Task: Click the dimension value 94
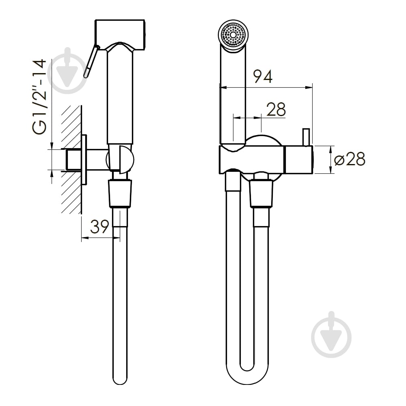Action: coord(263,76)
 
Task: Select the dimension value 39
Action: coord(100,227)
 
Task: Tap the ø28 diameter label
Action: coord(350,159)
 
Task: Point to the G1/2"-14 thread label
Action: coord(39,97)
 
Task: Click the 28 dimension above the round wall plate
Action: coord(276,110)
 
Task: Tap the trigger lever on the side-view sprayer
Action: coord(91,61)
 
